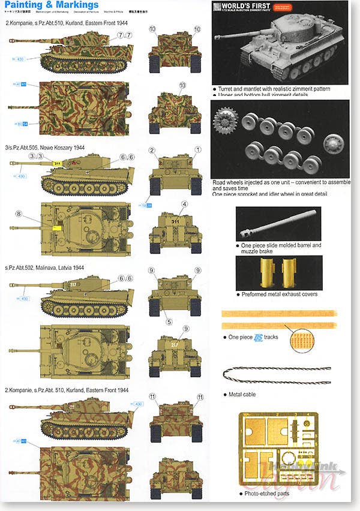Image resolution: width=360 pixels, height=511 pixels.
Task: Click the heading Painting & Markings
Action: tap(52, 5)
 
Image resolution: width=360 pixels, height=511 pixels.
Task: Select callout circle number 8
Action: tap(19, 214)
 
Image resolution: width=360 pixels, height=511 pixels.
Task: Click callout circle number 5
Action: tap(169, 321)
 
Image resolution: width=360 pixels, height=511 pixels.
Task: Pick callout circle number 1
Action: tap(198, 149)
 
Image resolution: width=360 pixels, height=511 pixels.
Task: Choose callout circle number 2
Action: tap(153, 150)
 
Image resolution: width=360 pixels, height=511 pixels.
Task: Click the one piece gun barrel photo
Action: tap(278, 223)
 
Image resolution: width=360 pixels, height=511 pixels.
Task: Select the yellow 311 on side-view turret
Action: tap(58, 163)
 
